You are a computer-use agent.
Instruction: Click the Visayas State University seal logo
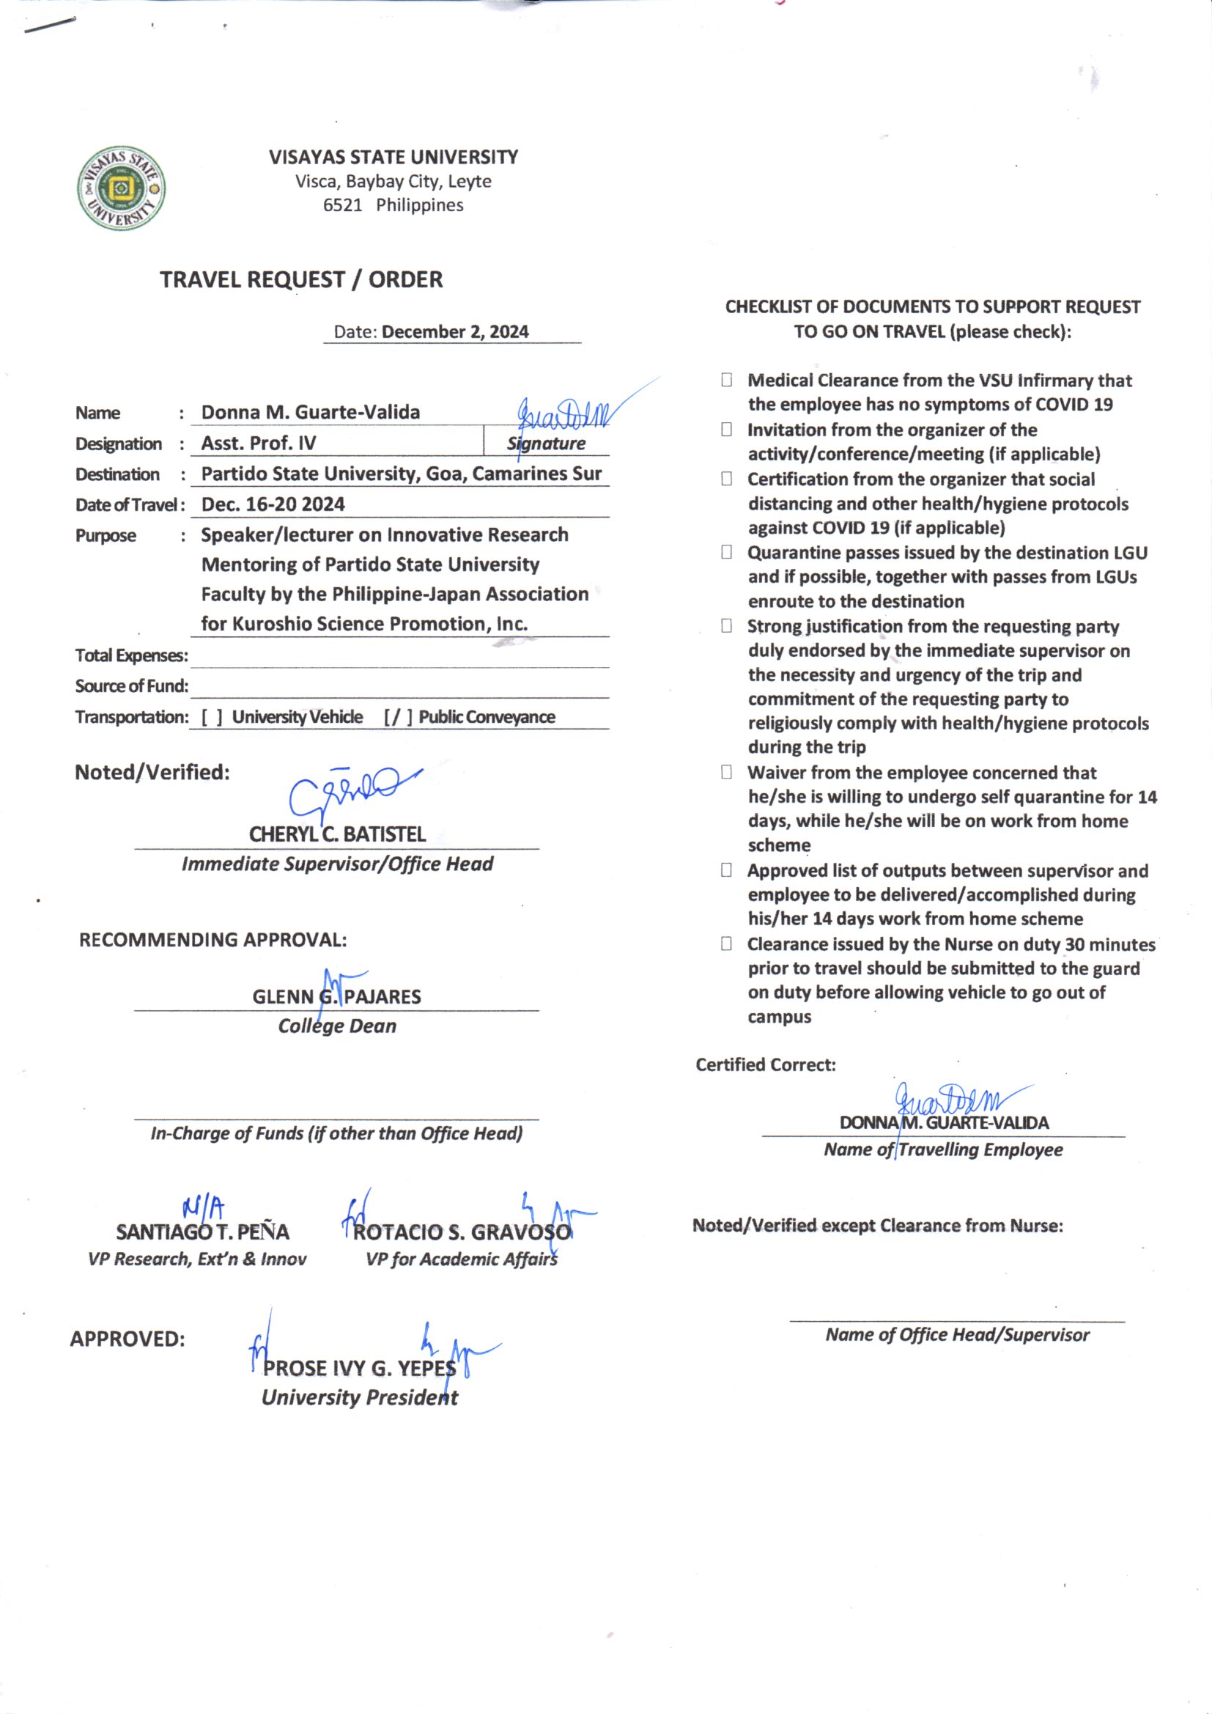[121, 188]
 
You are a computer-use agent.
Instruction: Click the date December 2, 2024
[454, 331]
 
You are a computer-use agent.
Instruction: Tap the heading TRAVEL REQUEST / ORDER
[300, 280]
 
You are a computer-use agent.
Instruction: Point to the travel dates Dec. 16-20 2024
[273, 504]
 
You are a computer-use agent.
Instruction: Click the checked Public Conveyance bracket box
[398, 718]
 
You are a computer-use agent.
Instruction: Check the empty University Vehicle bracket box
[212, 718]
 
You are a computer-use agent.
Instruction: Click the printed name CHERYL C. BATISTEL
[337, 834]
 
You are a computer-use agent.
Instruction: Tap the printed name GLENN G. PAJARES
[336, 996]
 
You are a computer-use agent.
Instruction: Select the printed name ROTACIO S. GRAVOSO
[462, 1232]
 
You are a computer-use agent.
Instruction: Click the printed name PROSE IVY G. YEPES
[359, 1369]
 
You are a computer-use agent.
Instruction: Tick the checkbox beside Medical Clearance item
[726, 380]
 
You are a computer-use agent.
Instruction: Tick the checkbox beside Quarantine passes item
[726, 553]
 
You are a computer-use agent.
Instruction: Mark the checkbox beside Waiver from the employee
[726, 773]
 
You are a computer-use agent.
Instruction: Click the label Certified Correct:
[766, 1064]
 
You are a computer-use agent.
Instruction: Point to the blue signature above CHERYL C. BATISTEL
[351, 791]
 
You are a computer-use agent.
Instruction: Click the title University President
[360, 1397]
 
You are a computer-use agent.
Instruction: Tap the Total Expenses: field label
[131, 655]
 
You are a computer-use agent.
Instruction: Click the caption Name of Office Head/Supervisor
[957, 1335]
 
